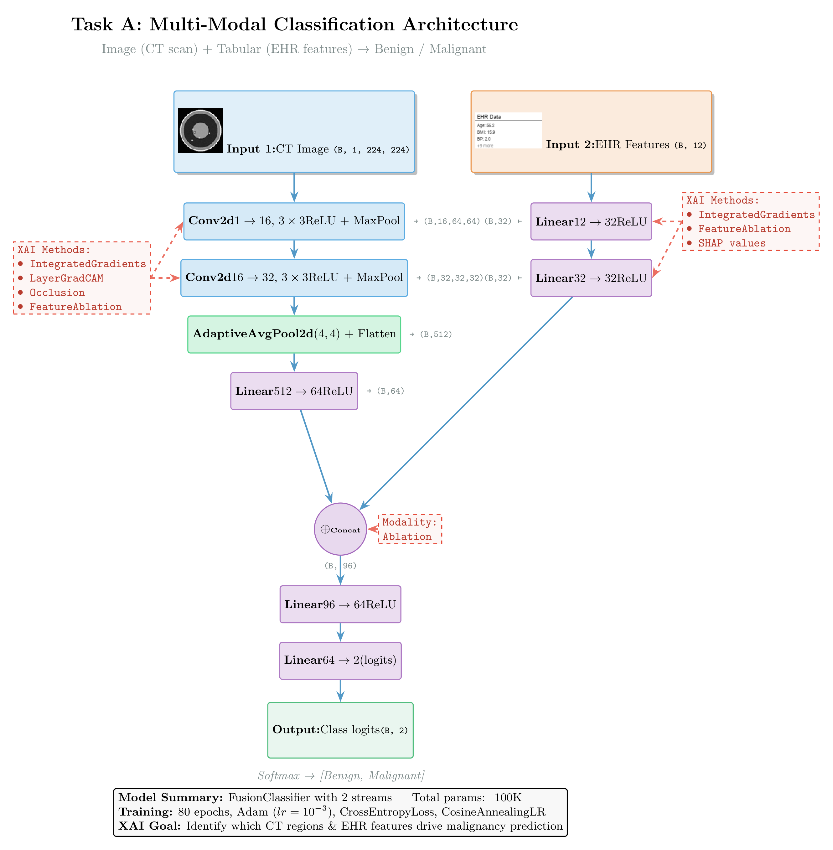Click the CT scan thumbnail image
pos(200,130)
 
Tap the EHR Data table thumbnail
pos(508,130)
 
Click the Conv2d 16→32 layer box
pos(294,278)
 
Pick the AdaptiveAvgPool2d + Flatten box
pos(294,334)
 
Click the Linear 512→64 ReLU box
pos(294,391)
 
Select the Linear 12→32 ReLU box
pos(591,221)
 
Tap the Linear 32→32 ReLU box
pos(591,278)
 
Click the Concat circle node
pos(340,529)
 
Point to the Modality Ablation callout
pos(410,529)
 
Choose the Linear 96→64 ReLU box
pos(340,604)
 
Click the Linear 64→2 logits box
pos(340,661)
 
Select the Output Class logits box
pos(340,730)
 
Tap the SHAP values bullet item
pos(732,244)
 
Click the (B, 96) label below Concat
pos(340,566)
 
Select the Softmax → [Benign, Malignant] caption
pos(341,776)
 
